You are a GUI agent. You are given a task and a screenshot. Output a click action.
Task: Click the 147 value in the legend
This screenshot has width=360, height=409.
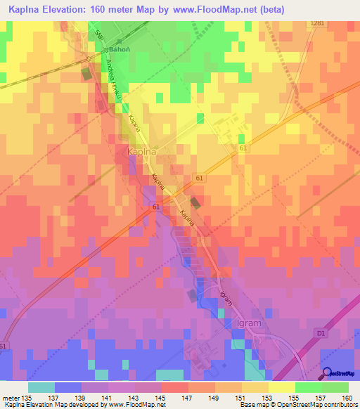pyautogui.click(x=187, y=397)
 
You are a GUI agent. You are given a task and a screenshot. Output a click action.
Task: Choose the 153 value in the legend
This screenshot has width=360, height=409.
pyautogui.click(x=267, y=397)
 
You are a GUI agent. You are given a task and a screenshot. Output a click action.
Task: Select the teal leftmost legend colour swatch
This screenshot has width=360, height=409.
pyautogui.click(x=41, y=387)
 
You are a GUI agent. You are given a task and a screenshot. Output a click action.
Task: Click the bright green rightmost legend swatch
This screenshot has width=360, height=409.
pyautogui.click(x=335, y=387)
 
